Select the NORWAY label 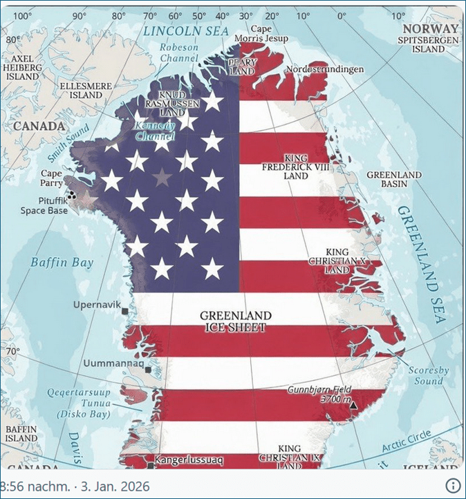431,28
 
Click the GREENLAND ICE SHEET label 236,321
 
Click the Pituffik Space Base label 44,206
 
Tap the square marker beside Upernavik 125,312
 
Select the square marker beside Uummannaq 148,370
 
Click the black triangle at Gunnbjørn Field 354,405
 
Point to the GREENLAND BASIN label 394,180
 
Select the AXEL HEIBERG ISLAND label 23,68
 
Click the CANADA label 39,126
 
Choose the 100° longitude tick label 24,16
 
